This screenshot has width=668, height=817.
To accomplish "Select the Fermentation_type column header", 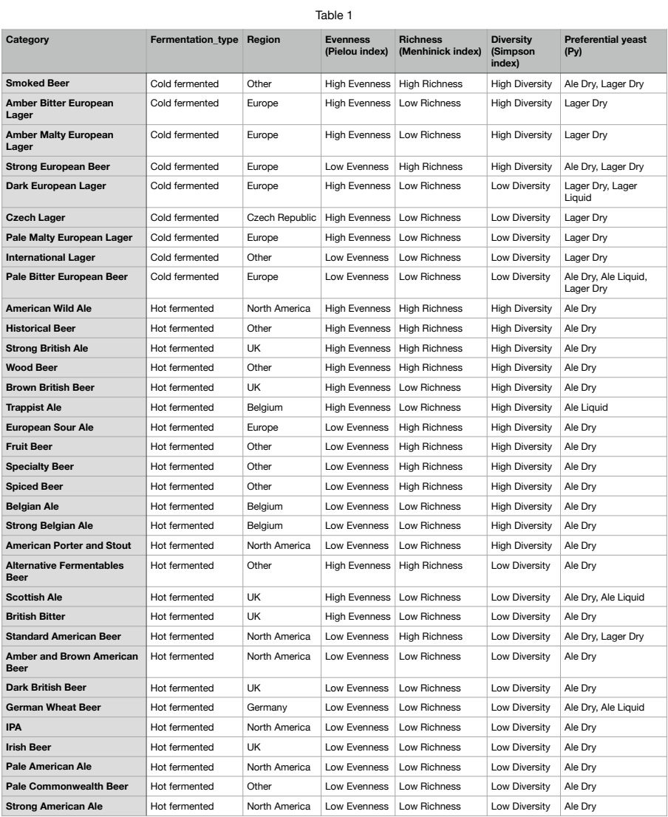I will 195,40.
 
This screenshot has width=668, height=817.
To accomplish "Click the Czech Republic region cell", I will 282,218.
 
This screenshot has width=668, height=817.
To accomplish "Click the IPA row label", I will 15,728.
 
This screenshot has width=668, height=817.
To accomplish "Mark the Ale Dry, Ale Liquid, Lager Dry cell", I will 605,282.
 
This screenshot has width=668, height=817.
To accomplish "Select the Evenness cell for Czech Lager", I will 357,218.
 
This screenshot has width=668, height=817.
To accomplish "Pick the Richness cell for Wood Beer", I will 430,367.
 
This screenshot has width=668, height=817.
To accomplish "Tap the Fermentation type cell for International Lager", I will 184,258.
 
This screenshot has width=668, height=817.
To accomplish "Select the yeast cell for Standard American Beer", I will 604,637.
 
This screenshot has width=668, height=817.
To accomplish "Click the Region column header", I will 263,40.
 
